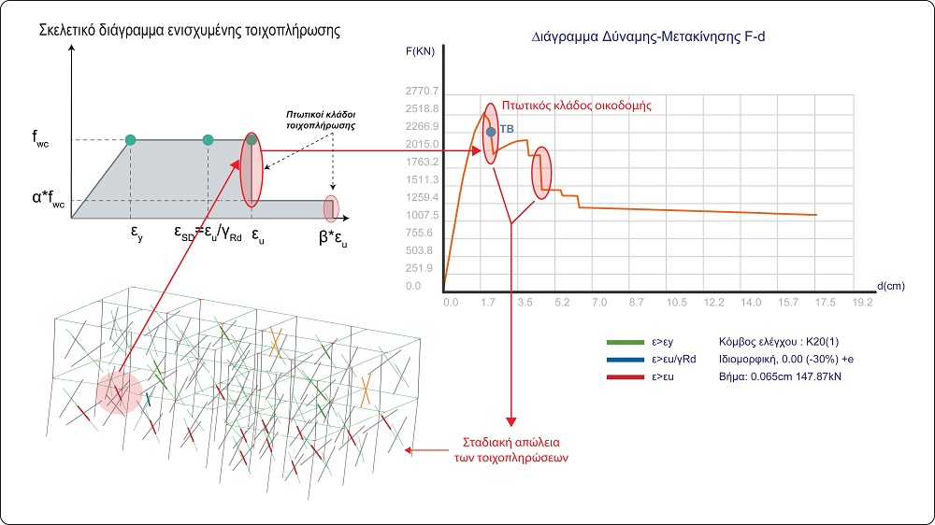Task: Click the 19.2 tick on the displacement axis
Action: point(862,304)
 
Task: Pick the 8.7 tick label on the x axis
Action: point(639,304)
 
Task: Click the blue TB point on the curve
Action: point(490,133)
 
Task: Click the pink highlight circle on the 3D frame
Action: point(119,393)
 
